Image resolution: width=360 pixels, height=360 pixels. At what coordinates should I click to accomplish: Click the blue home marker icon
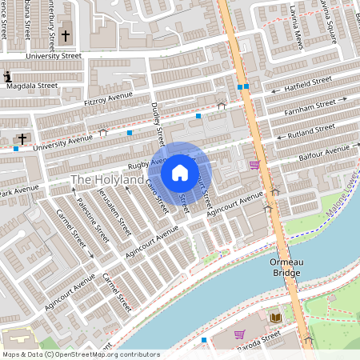(180, 172)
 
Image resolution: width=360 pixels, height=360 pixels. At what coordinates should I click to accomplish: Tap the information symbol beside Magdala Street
(7, 77)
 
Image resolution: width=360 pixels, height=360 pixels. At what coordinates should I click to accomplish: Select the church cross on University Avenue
(22, 139)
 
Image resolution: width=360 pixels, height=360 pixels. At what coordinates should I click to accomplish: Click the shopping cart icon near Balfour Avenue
(254, 165)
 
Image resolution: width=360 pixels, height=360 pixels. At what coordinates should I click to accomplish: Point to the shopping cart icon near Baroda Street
(238, 334)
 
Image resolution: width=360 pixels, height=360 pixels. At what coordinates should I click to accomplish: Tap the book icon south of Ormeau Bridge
(275, 318)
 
